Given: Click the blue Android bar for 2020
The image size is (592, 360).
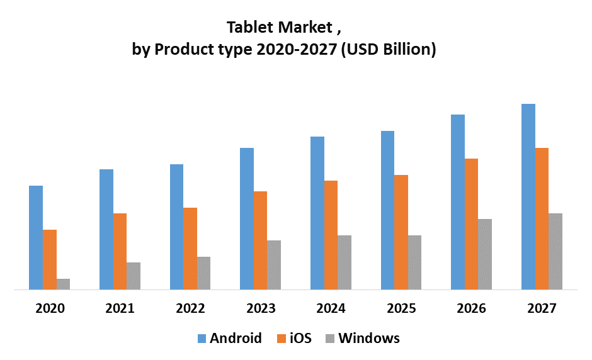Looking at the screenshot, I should pyautogui.click(x=36, y=238).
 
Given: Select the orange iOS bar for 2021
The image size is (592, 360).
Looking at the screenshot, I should pyautogui.click(x=120, y=252).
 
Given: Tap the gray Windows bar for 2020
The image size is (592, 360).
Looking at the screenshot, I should pyautogui.click(x=63, y=284).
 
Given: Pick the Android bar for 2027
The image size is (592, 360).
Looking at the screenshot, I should pyautogui.click(x=528, y=197).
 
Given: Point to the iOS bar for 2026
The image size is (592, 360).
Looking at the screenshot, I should pyautogui.click(x=472, y=224).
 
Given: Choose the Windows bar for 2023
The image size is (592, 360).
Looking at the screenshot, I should pyautogui.click(x=274, y=265).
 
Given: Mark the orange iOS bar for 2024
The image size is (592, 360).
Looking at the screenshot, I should pyautogui.click(x=331, y=235).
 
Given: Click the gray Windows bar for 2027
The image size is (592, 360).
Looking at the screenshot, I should pyautogui.click(x=555, y=252).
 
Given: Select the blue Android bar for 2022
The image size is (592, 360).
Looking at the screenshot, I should pyautogui.click(x=176, y=227).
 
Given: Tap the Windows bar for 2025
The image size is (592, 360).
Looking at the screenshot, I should pyautogui.click(x=414, y=262).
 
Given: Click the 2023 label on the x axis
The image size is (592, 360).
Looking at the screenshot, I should pyautogui.click(x=261, y=308).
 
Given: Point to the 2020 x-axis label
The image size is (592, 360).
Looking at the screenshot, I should pyautogui.click(x=50, y=308).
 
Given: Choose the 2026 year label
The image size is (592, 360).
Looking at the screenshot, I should pyautogui.click(x=472, y=308).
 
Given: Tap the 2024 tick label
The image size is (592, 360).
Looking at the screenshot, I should pyautogui.click(x=331, y=308).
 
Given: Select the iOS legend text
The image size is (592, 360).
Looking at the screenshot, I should pyautogui.click(x=300, y=338).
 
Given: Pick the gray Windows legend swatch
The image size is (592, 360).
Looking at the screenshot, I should pyautogui.click(x=330, y=339).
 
